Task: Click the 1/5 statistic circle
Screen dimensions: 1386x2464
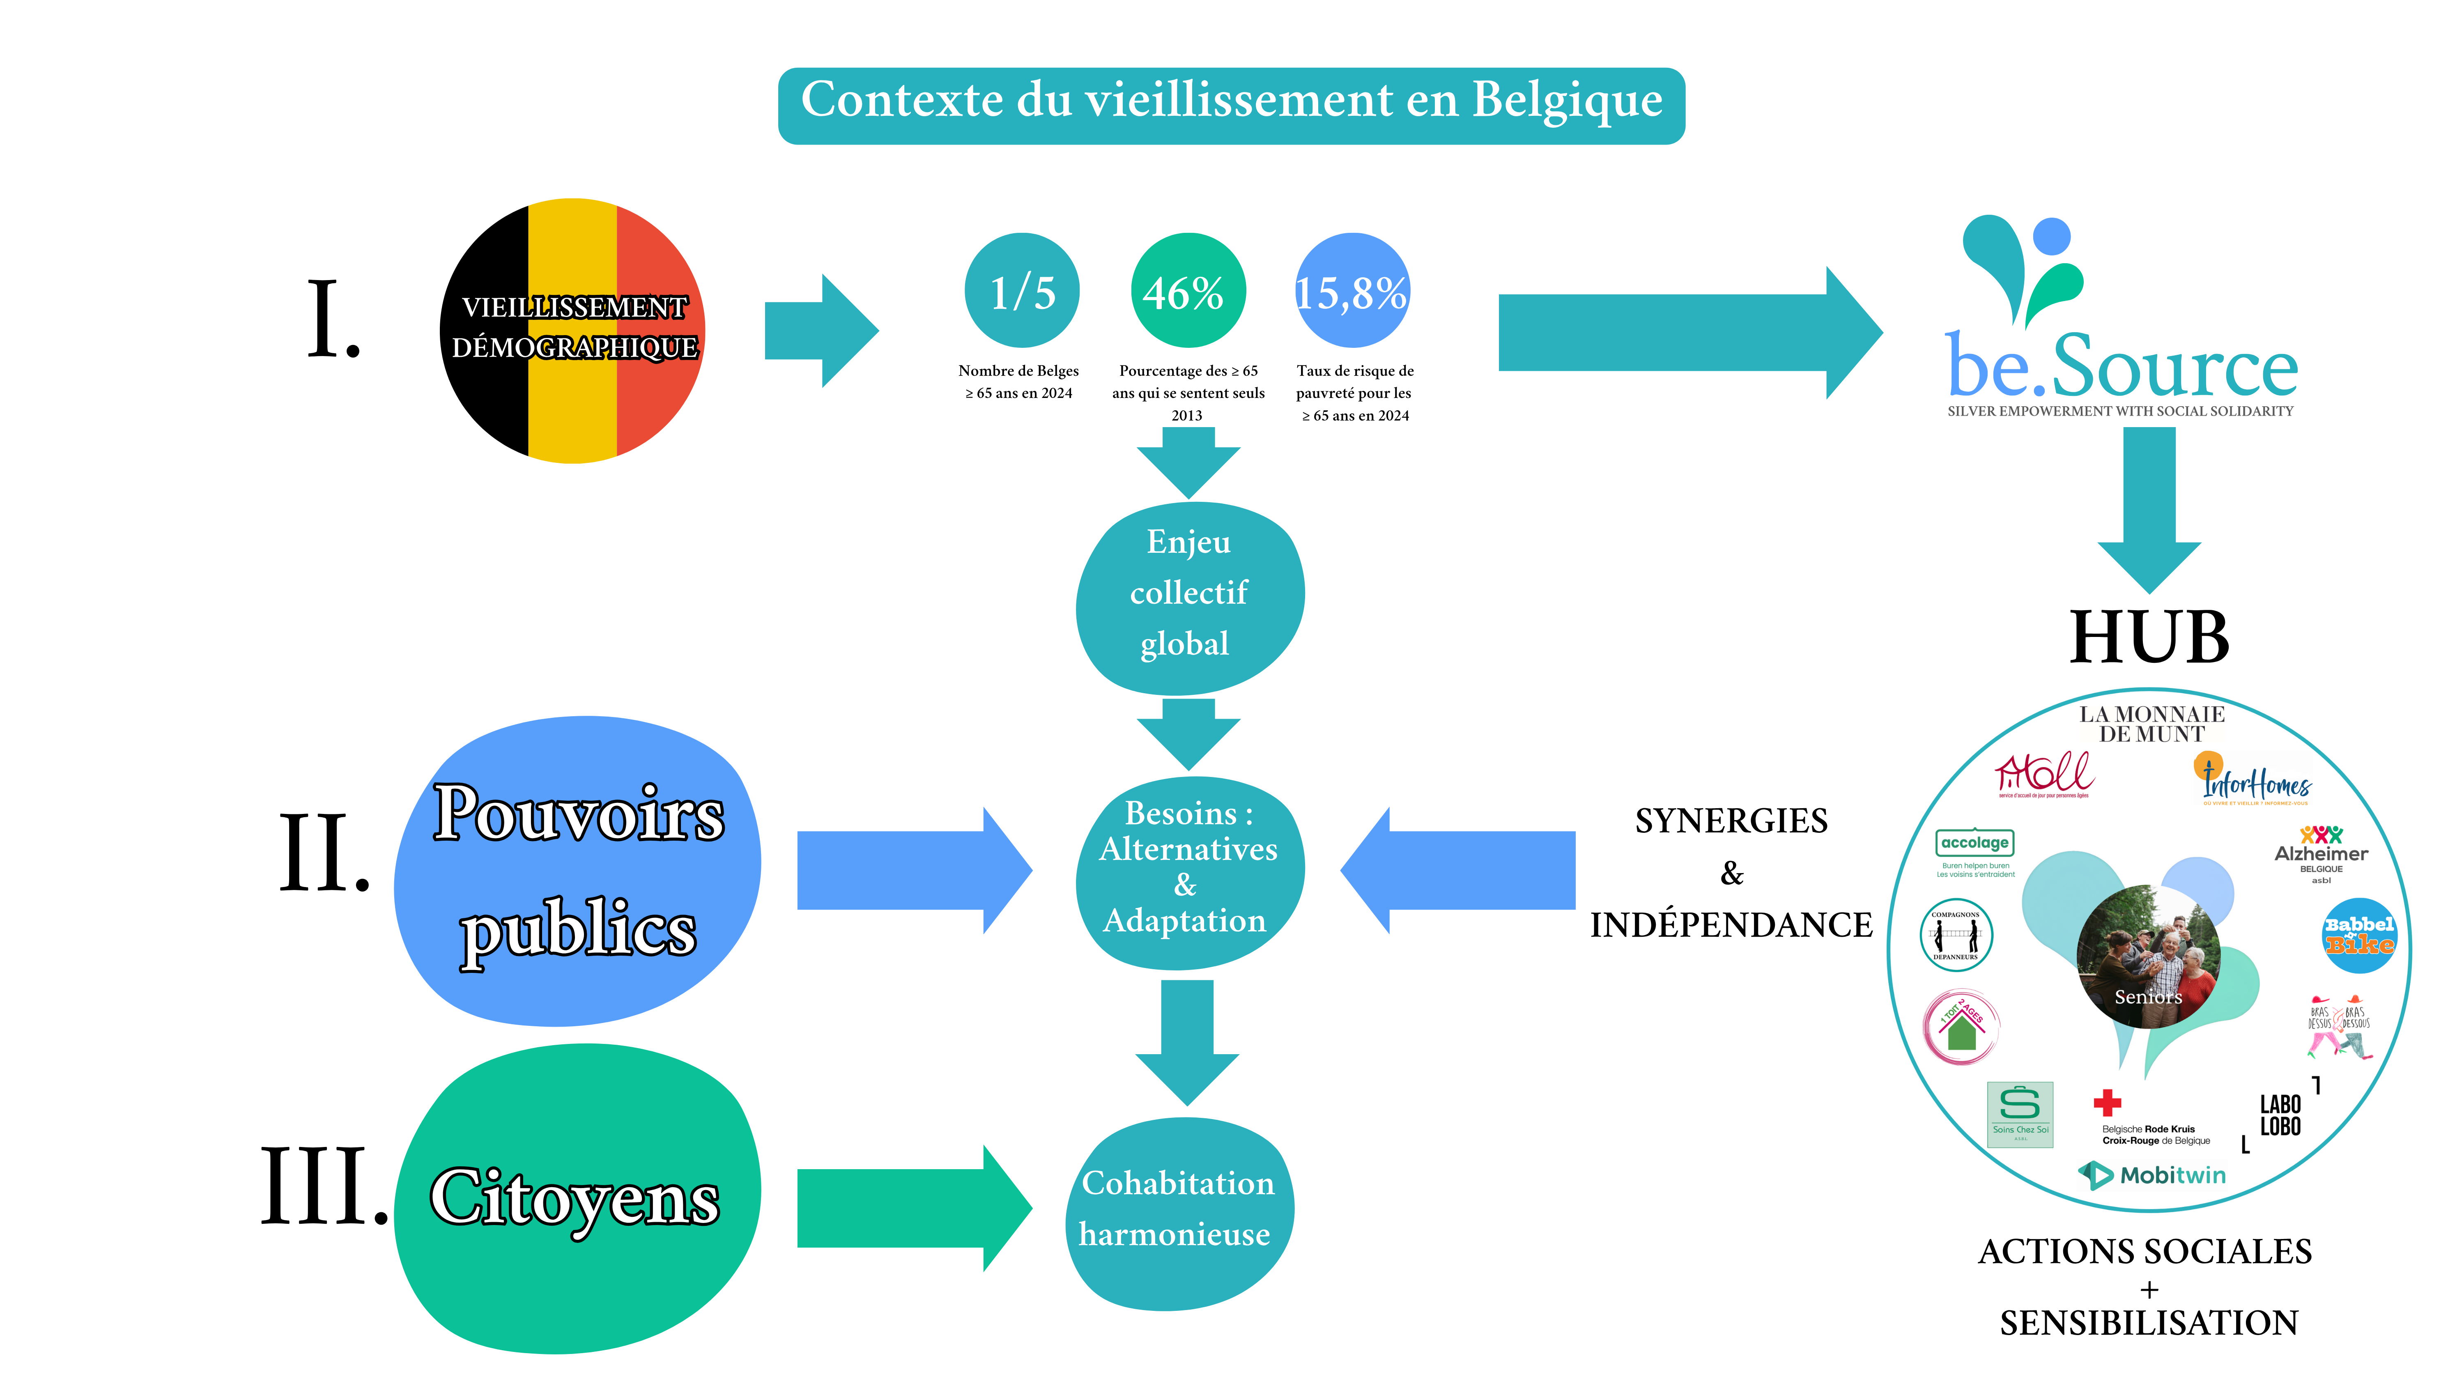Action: click(1022, 291)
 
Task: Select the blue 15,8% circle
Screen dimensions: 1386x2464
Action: click(1352, 291)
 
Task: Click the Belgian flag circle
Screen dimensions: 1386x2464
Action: click(573, 331)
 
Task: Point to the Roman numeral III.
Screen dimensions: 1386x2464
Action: click(323, 1186)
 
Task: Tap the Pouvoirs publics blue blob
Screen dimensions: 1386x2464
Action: click(578, 871)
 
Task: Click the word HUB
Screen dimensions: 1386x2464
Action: click(2148, 637)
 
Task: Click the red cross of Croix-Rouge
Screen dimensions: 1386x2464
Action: click(2107, 1103)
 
